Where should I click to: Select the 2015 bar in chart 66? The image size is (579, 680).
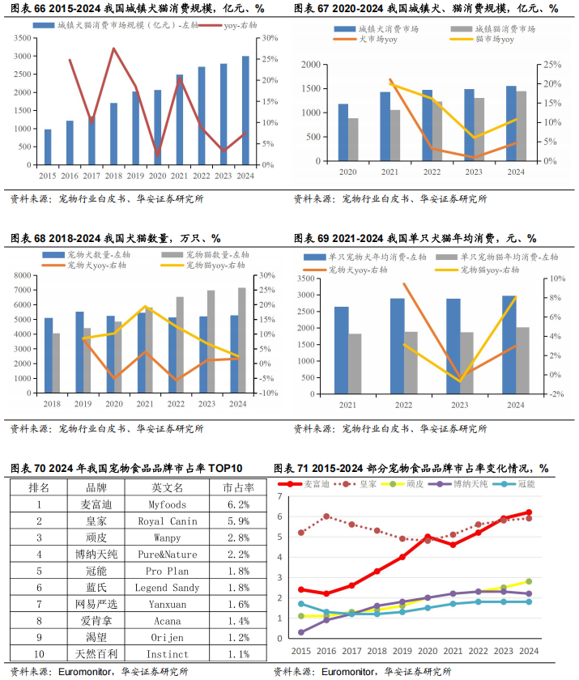coord(48,147)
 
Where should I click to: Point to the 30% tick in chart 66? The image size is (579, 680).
coord(269,39)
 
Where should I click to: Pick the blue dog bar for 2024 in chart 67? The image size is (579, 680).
coord(511,123)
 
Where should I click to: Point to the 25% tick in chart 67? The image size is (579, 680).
coord(551,65)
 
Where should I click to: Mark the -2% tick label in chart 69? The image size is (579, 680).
coord(555,394)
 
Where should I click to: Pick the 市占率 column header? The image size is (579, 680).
coord(238,487)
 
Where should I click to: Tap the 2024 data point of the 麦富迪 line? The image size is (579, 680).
coord(529,512)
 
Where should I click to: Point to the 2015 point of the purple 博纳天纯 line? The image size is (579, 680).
coord(301,632)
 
